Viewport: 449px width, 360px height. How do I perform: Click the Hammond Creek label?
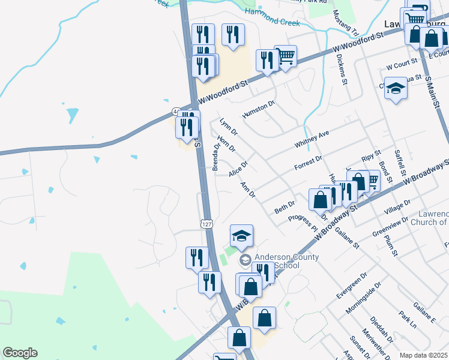pos(273,22)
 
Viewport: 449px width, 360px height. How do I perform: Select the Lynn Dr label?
pos(226,125)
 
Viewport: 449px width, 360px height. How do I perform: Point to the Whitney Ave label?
pos(312,140)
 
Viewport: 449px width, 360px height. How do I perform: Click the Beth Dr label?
pos(285,208)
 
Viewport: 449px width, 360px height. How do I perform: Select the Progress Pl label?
pos(303,223)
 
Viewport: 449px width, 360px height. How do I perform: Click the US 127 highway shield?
pos(206,223)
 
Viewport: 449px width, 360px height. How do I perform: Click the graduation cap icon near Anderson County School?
pos(241,236)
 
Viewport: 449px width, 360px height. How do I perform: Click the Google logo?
pos(20,353)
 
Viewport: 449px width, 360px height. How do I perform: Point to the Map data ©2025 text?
pos(423,355)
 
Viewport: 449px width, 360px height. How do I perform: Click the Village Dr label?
pos(397,209)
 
